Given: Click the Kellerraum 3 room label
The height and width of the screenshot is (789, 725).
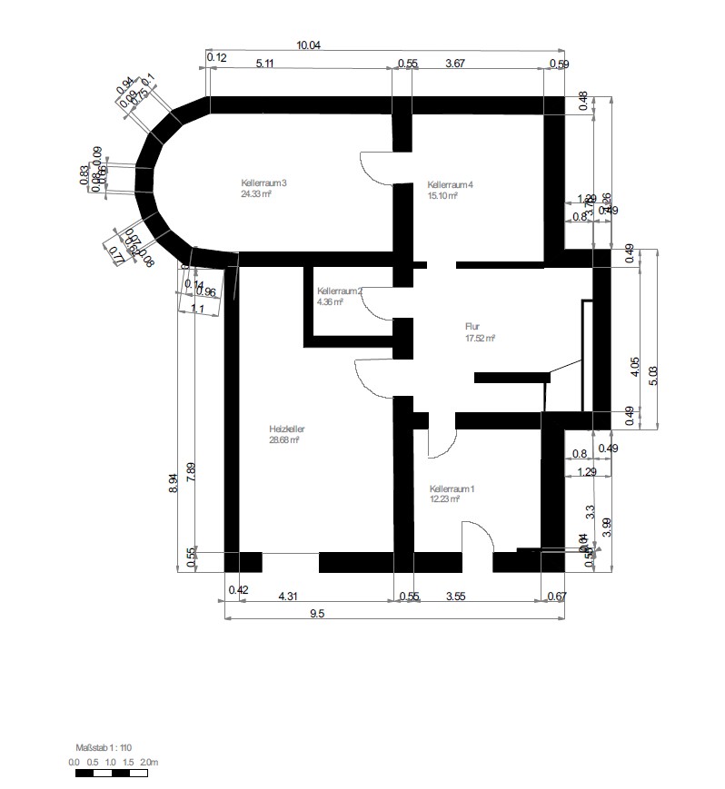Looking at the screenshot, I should click(263, 183).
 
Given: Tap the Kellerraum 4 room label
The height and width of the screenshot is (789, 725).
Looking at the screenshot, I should click(451, 183).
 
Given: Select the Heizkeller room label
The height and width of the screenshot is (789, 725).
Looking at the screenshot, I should click(286, 429).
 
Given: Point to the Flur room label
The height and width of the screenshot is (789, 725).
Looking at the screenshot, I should click(472, 327).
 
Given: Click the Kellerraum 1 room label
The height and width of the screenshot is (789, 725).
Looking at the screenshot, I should click(452, 488).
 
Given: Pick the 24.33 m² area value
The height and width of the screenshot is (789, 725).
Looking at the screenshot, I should click(257, 193).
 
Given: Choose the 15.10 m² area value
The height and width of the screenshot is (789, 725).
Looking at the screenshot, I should click(442, 193).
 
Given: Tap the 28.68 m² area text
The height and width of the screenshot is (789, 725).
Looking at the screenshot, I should click(284, 439).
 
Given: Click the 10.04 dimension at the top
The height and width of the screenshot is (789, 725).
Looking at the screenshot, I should click(310, 44).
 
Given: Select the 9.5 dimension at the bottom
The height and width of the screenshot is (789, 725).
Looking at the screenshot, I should click(317, 613).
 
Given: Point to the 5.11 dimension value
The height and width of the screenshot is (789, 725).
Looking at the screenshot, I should click(265, 64).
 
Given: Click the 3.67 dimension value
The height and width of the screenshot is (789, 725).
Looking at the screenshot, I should click(456, 64).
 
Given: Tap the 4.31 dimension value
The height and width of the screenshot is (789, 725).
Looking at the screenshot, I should click(287, 596).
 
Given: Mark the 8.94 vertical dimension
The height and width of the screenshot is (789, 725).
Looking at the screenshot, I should click(174, 483).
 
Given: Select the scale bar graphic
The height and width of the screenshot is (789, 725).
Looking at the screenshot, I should click(111, 774).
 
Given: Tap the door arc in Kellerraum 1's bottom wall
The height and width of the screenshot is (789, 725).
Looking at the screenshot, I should click(477, 537).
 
